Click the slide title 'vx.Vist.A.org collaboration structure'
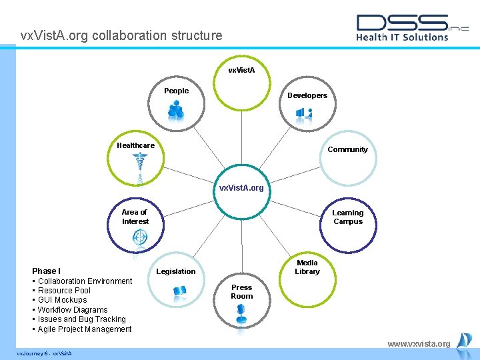tap(121, 35)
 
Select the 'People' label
tap(177, 91)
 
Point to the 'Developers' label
tap(307, 95)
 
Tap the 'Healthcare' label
tap(135, 145)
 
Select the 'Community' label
tap(347, 149)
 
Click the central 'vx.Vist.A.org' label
tap(241, 188)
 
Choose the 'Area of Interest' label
tap(135, 217)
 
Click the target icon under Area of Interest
tap(140, 237)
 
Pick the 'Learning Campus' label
tap(348, 217)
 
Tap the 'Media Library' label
tap(307, 267)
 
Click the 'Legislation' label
tap(176, 271)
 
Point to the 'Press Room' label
tap(241, 292)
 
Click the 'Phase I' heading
tap(46, 271)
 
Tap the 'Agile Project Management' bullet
tap(85, 329)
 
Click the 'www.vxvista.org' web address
tap(419, 344)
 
